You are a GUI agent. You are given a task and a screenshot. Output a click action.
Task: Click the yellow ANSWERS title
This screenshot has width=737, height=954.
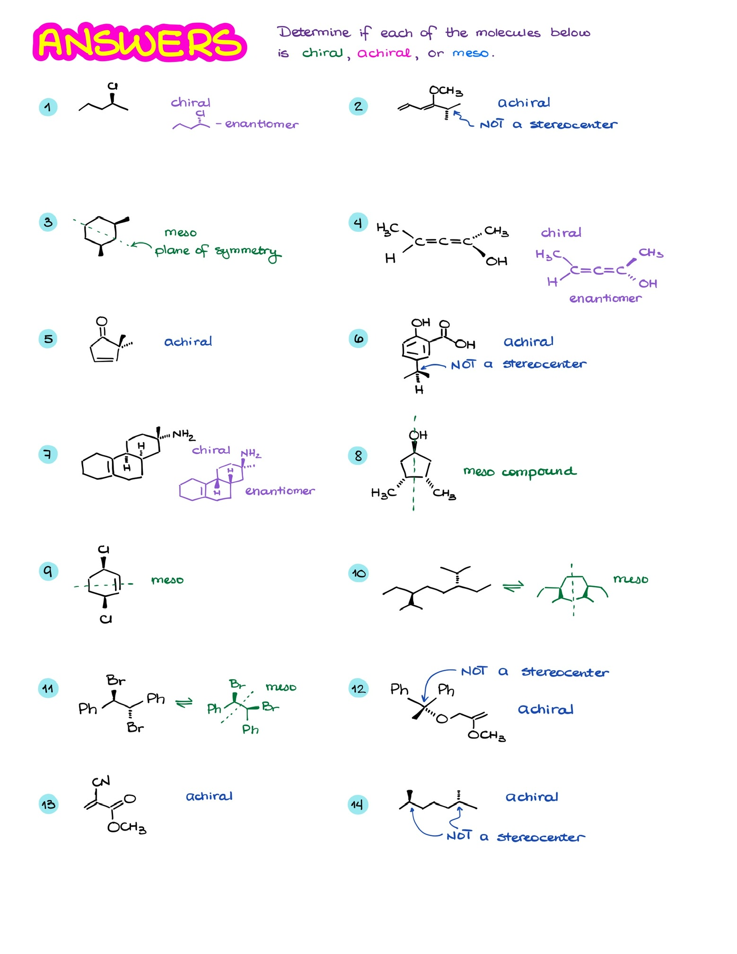point(140,42)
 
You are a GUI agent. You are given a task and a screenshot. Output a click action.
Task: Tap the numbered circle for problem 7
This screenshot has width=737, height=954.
point(48,455)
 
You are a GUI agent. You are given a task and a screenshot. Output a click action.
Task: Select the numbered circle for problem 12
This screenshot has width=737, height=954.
point(358,688)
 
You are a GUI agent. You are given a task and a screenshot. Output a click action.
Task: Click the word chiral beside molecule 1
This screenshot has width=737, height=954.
point(190,103)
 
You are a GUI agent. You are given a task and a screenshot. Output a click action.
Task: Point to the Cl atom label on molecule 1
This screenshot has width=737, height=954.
point(112,86)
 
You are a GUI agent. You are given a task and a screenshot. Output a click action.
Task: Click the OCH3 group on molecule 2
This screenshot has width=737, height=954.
point(445,91)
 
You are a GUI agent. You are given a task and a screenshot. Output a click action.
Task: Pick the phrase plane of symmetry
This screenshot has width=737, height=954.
point(218,251)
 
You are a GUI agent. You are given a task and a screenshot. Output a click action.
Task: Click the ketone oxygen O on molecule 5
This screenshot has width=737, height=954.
point(101,321)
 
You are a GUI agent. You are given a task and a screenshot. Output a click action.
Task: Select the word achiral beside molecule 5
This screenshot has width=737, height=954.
point(188,341)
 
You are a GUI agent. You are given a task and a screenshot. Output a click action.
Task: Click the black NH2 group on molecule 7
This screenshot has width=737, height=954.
point(183,435)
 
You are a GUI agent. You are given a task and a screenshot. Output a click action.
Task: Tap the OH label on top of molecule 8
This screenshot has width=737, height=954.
point(418,435)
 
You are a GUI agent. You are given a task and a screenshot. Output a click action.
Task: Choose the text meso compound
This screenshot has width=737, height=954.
point(519,472)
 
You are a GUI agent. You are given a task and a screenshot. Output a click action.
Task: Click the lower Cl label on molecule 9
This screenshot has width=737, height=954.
point(105,619)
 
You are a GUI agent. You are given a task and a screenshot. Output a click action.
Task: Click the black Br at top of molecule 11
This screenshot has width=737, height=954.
point(116,681)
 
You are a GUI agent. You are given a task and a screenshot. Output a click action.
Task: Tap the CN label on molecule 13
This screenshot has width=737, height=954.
point(101,781)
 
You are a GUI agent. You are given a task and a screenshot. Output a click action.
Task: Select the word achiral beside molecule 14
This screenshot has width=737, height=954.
point(532,797)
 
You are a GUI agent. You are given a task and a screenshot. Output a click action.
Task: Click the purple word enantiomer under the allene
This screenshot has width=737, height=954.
point(605,298)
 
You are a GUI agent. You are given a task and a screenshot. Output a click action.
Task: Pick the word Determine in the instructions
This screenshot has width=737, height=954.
point(314,32)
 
